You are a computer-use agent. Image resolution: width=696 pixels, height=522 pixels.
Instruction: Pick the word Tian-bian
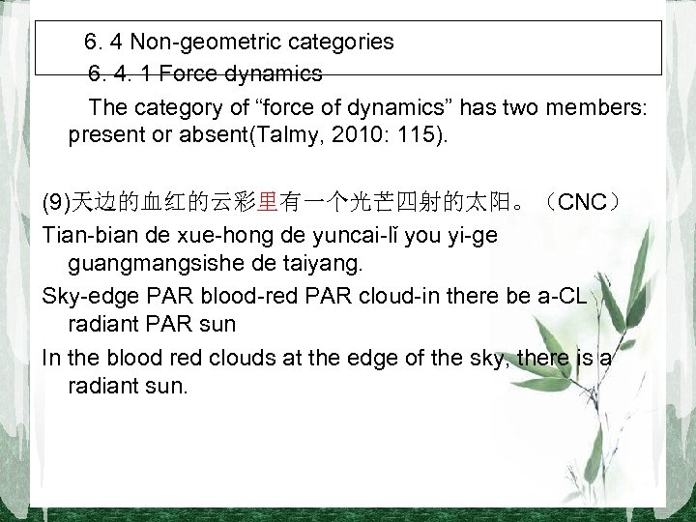click(x=88, y=235)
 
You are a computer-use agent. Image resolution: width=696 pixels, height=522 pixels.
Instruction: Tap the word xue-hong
click(x=209, y=235)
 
